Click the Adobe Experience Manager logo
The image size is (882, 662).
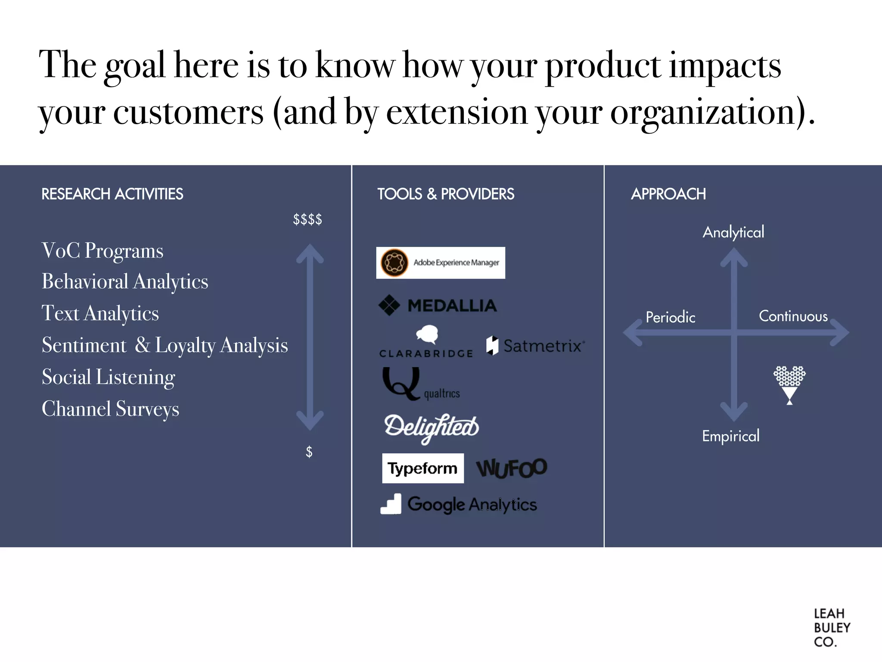(440, 262)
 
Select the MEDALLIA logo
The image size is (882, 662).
(438, 306)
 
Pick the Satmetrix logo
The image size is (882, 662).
(535, 346)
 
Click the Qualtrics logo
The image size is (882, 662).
(421, 384)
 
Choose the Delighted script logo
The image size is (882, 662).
(431, 427)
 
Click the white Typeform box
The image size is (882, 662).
(422, 468)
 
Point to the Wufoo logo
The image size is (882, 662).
(511, 468)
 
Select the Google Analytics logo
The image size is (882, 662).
(459, 504)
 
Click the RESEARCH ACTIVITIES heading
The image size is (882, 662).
(112, 194)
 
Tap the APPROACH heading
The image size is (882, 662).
(668, 194)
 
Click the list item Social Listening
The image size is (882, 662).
(109, 377)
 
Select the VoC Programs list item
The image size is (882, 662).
(102, 251)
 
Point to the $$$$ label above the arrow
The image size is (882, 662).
(307, 219)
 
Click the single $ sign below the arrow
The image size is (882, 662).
(309, 452)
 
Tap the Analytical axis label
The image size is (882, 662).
(733, 232)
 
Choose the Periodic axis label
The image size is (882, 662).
(670, 317)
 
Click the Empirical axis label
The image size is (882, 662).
(730, 436)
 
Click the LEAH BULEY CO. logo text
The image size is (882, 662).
(831, 628)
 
